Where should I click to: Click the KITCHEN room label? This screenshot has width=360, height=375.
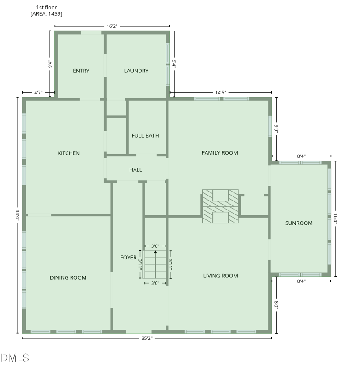[68, 153]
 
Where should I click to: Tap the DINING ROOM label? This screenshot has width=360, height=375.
[68, 278]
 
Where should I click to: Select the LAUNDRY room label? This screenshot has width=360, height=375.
[136, 71]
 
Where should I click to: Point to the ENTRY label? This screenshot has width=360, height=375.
[81, 71]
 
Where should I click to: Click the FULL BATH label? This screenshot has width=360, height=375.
[145, 135]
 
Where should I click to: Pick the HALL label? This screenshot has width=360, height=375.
[135, 170]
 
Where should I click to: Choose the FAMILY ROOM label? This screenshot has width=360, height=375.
[220, 153]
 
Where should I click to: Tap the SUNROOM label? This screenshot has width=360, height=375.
[299, 223]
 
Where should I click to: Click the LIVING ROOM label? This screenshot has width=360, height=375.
[220, 276]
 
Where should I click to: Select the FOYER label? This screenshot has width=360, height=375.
[128, 258]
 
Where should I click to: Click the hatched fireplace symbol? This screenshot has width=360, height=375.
[220, 206]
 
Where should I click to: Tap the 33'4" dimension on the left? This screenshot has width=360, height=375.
[17, 215]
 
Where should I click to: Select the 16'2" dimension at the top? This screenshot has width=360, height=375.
[112, 27]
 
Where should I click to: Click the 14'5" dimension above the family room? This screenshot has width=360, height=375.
[220, 93]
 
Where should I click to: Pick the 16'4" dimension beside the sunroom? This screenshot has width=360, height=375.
[335, 219]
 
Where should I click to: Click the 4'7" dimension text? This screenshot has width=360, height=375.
[38, 93]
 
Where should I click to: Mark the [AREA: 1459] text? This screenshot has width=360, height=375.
[46, 14]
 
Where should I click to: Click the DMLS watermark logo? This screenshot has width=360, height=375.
[15, 358]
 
